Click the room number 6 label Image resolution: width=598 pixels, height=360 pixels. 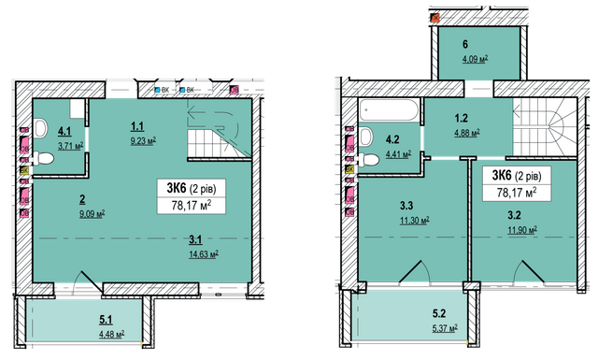(465, 43)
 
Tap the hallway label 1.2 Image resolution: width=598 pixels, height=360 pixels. (462, 120)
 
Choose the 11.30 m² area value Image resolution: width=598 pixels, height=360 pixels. (413, 222)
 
